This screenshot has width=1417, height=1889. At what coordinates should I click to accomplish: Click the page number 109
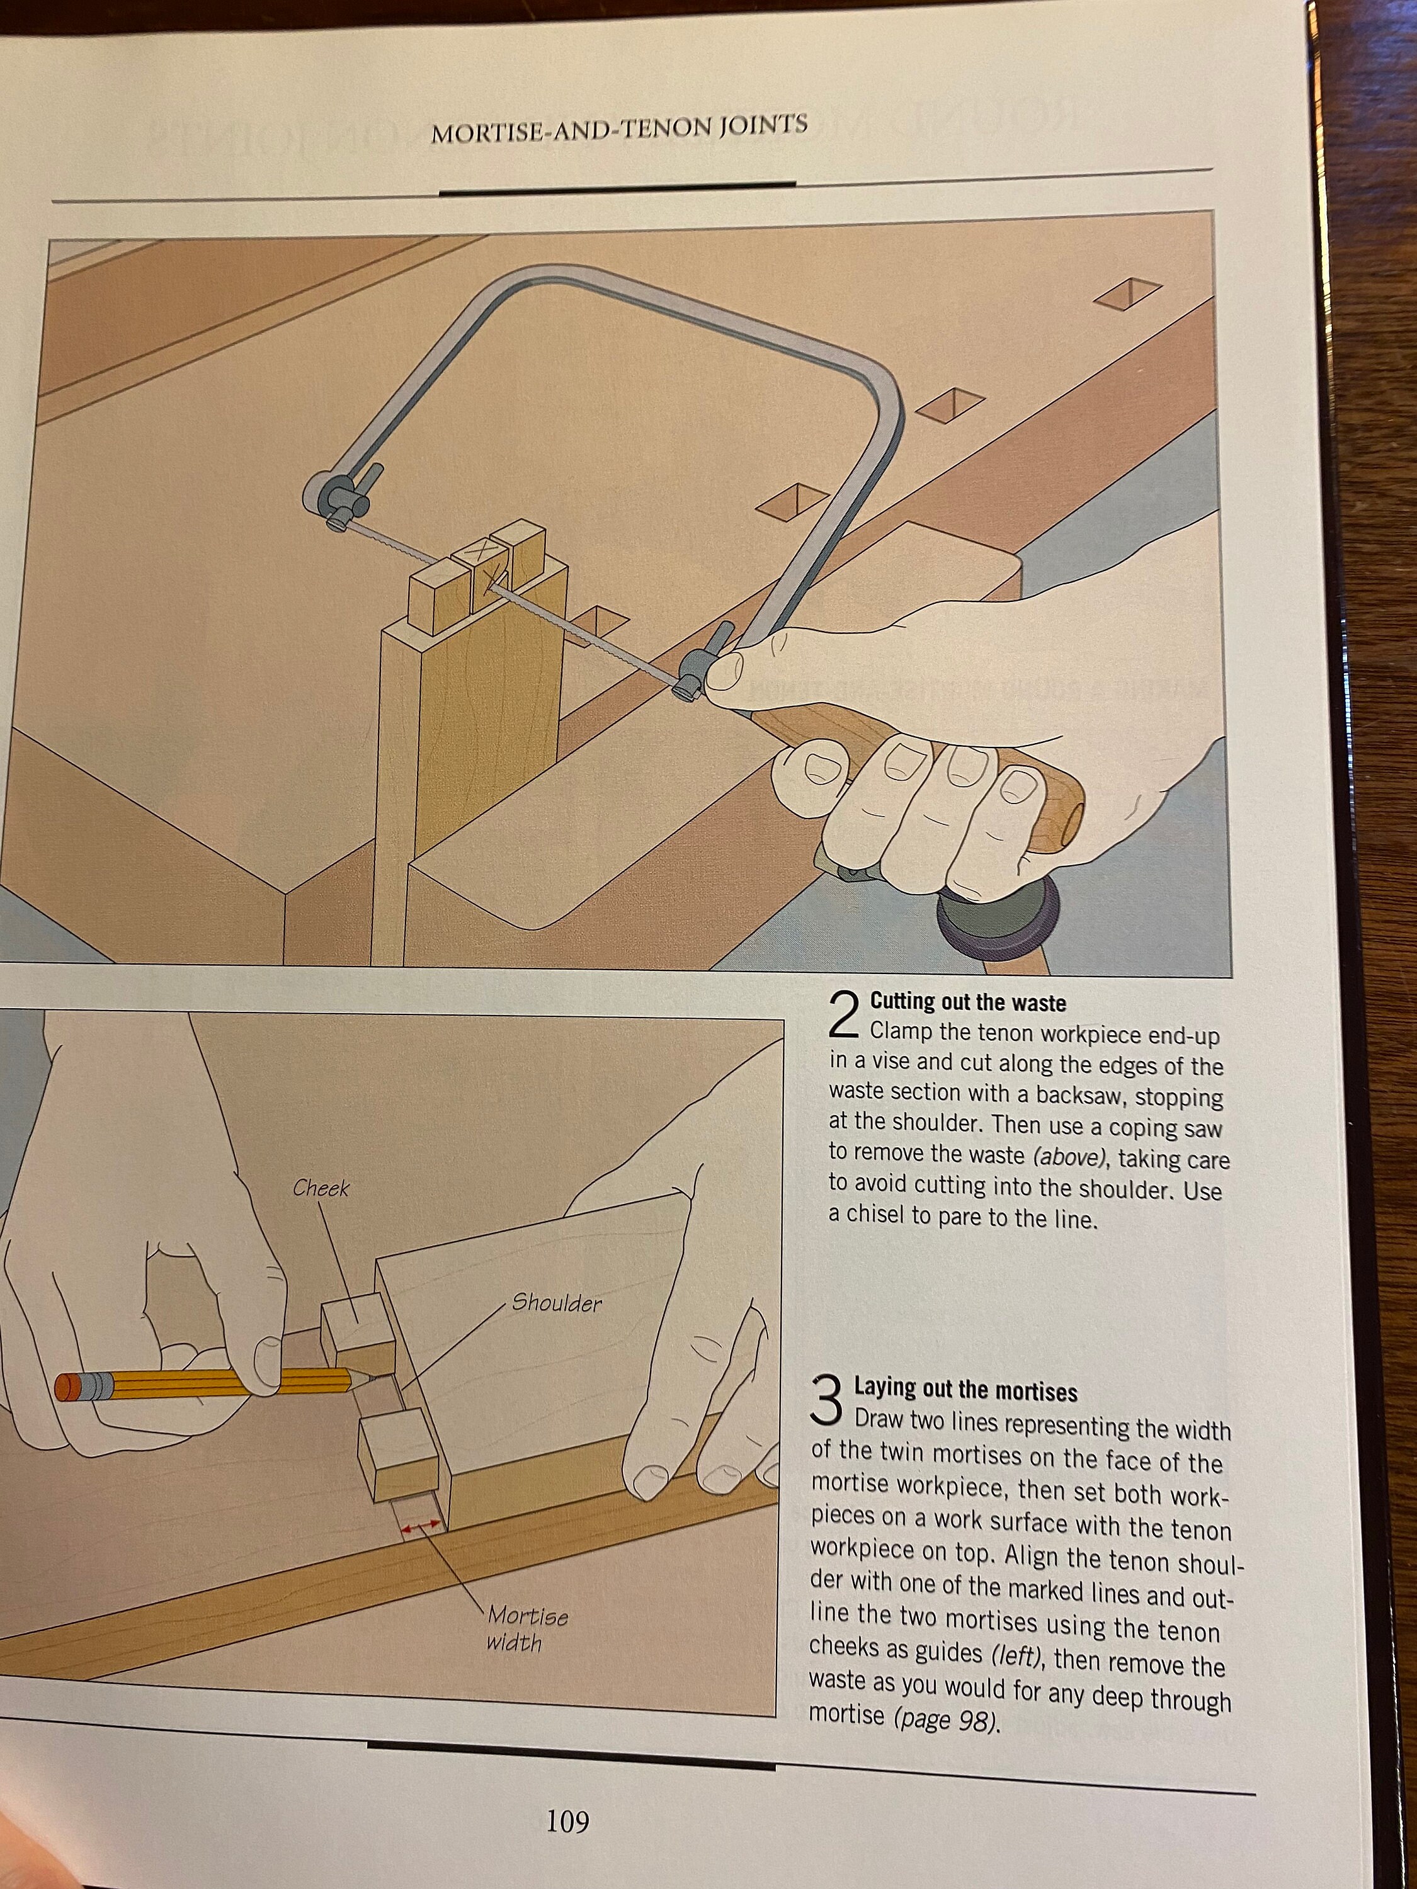coord(567,1822)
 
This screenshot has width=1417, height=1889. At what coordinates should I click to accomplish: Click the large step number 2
coord(844,1017)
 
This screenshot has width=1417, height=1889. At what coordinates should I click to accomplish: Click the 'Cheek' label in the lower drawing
coord(321,1189)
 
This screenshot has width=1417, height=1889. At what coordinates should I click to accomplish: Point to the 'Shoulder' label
coord(556,1303)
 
